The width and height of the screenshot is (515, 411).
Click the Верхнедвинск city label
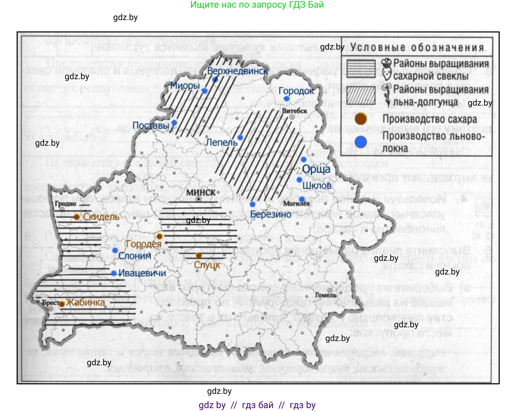[x=237, y=71]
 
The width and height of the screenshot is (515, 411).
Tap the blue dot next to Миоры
[x=204, y=91]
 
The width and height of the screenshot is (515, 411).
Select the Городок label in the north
[x=296, y=91]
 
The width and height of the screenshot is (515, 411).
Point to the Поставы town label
[x=151, y=125]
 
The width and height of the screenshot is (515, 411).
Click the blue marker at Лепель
[x=240, y=138]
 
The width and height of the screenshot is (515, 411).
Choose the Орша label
[x=316, y=169]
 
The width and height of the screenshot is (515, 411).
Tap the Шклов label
[x=317, y=186]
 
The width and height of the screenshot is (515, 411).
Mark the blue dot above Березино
[x=252, y=204]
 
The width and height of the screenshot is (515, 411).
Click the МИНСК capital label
[x=201, y=192]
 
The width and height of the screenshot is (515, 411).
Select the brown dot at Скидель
[x=77, y=217]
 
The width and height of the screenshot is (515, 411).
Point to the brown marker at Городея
[x=160, y=236]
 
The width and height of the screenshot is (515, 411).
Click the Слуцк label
[x=207, y=265]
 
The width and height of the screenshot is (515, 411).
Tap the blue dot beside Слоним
[x=115, y=250]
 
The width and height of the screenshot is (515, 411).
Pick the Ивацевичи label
[x=142, y=273]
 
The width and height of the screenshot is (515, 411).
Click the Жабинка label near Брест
[x=85, y=302]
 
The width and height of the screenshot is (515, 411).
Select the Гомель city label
[x=326, y=295]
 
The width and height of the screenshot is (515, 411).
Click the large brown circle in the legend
[x=361, y=119]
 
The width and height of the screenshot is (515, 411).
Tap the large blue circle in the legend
[x=361, y=142]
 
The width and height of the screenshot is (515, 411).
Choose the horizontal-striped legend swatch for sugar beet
[x=361, y=69]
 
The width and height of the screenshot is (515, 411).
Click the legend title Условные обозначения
[x=417, y=48]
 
